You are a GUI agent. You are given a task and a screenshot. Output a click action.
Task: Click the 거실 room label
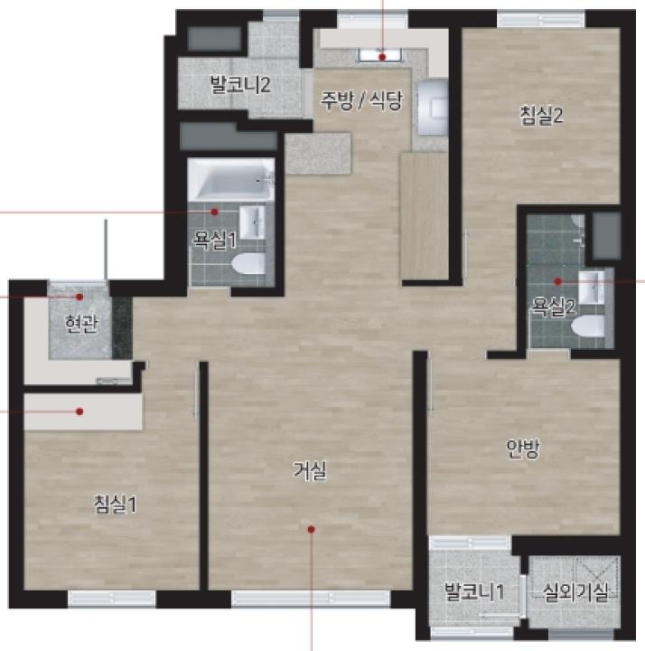point(310,471)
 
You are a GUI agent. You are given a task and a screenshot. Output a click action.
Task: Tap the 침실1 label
point(116,505)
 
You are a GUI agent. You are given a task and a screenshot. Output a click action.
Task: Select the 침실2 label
point(542,115)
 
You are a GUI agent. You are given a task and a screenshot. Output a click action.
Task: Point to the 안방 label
point(523,448)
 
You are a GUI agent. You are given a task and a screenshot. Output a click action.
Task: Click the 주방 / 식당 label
point(361,100)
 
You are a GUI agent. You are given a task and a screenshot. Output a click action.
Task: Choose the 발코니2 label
point(240,84)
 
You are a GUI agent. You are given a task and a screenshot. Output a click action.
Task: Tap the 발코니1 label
point(474,591)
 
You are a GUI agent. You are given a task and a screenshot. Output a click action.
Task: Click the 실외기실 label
point(575,592)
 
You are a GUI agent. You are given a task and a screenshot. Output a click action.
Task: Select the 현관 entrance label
point(81,324)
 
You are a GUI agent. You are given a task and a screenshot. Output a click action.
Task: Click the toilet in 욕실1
point(248,264)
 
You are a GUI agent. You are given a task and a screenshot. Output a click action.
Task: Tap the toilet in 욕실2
point(588,325)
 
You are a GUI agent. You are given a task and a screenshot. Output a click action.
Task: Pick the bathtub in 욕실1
point(231,180)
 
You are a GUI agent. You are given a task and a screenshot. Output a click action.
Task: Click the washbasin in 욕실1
point(252,222)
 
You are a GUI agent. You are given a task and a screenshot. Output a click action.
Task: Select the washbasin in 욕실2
point(591,288)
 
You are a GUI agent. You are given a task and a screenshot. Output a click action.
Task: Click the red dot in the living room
point(311,529)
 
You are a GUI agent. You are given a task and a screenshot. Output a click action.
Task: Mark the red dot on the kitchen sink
point(382,57)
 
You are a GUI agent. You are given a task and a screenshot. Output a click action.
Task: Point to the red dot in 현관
point(79,297)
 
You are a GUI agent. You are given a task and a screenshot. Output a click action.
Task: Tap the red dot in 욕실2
point(558,281)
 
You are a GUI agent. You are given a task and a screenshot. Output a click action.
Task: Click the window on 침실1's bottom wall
point(112,599)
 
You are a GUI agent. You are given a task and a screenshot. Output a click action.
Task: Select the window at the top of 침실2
point(541,20)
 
